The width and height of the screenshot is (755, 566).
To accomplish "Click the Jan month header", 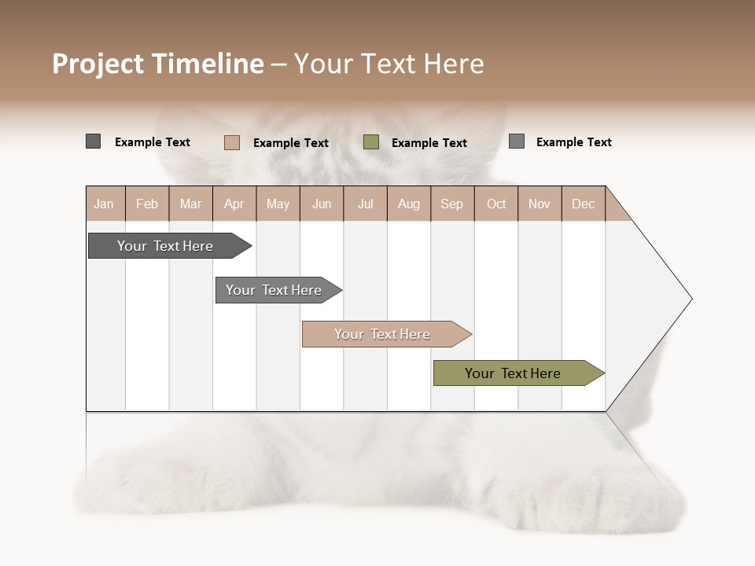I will click(x=105, y=204).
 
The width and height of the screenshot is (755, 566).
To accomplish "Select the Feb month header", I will click(x=147, y=204).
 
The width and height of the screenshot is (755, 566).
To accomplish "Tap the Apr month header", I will click(x=234, y=204).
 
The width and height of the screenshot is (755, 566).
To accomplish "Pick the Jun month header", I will click(x=322, y=204).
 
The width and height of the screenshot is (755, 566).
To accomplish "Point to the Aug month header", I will click(x=409, y=204).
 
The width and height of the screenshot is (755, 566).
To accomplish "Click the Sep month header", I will click(x=452, y=204).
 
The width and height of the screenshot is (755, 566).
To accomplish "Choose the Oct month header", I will click(x=496, y=204).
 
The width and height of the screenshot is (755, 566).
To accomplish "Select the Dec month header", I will click(x=584, y=204).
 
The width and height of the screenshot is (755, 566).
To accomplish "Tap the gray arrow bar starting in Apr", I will click(x=275, y=290).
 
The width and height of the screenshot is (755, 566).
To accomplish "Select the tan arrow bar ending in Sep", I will click(x=384, y=334).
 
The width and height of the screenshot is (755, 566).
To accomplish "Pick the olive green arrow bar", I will click(x=515, y=373).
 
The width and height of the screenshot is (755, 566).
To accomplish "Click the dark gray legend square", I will click(x=93, y=141).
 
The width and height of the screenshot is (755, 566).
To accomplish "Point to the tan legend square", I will click(x=231, y=142).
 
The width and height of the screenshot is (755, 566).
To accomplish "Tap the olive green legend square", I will click(x=371, y=142).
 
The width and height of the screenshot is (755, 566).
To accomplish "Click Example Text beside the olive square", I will click(x=429, y=143).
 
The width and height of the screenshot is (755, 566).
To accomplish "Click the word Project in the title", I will click(x=98, y=64).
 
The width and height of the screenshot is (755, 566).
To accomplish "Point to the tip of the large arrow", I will click(x=690, y=299).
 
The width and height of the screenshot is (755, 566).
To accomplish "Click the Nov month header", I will click(x=540, y=204).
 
